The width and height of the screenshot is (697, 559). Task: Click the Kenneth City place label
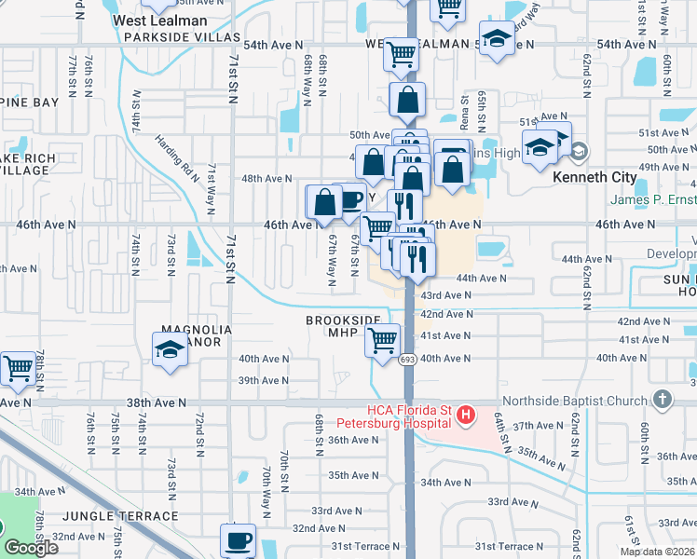pyautogui.click(x=594, y=177)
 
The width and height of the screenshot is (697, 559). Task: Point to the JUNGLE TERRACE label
pyautogui.click(x=119, y=515)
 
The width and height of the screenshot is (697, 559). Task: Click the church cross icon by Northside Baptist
pyautogui.click(x=662, y=400)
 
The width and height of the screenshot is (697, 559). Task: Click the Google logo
pyautogui.click(x=31, y=547)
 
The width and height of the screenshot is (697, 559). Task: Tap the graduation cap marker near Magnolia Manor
pyautogui.click(x=170, y=350)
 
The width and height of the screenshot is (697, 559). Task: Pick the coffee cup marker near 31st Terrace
pyautogui.click(x=238, y=539)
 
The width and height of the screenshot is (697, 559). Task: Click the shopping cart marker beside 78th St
pyautogui.click(x=18, y=369)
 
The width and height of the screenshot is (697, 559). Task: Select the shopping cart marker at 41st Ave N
pyautogui.click(x=382, y=341)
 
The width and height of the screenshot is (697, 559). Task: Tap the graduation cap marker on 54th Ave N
pyautogui.click(x=498, y=39)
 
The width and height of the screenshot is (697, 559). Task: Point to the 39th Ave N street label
pyautogui.click(x=263, y=380)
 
